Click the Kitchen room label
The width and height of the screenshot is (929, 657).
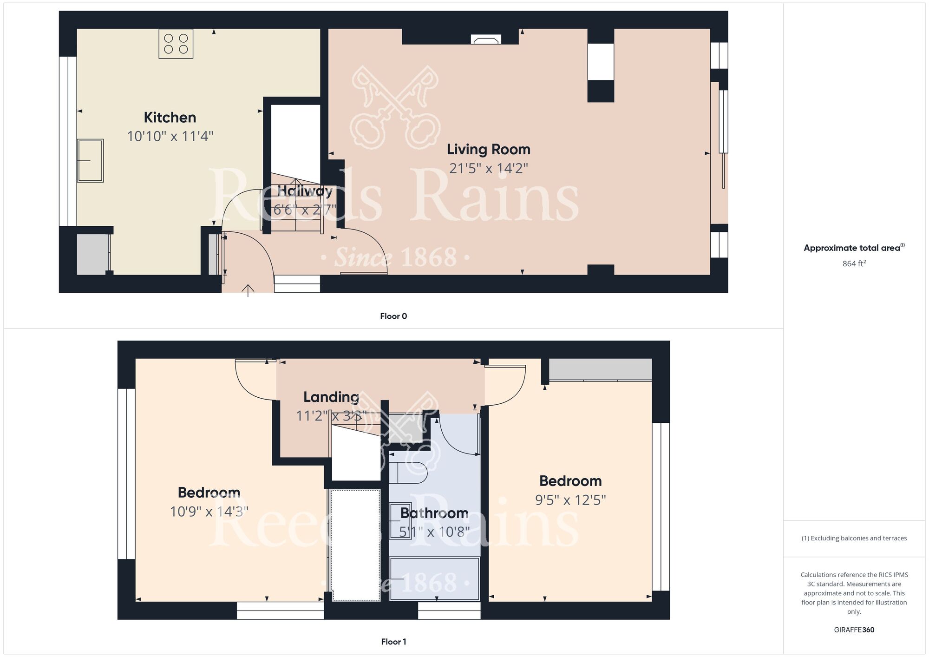170,118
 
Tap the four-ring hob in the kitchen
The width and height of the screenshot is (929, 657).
176,44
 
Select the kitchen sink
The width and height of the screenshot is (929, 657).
90,160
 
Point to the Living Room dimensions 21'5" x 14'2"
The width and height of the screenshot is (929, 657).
489,168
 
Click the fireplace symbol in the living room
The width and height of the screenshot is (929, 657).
486,39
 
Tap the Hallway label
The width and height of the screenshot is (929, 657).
305,191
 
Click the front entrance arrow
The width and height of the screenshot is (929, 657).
248,290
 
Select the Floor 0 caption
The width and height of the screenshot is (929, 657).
393,316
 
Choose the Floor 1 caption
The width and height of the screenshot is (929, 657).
393,642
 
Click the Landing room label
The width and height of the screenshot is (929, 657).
331,397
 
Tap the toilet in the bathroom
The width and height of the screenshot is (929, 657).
408,473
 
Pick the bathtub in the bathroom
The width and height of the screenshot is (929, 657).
435,579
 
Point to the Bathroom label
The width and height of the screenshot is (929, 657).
434,513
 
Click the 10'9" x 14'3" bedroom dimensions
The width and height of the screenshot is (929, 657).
209,512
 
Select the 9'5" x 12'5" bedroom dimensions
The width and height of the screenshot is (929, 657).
570,500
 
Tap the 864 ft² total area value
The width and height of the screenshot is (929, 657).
854,263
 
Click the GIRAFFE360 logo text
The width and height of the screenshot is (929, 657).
854,630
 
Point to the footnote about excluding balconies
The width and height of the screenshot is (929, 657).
854,539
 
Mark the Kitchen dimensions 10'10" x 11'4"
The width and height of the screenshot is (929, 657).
170,137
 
